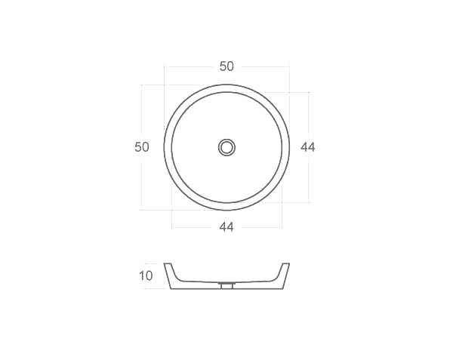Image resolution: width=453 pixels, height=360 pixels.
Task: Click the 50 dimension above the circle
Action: point(226,66)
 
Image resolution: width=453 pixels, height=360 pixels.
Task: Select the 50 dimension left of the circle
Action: point(142,147)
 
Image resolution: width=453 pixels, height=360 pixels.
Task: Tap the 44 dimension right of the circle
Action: point(307,147)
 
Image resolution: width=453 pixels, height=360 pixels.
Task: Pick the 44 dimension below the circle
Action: point(226,227)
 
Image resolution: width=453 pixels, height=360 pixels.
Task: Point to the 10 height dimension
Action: point(146,276)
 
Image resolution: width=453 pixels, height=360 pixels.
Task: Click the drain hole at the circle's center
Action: point(226,147)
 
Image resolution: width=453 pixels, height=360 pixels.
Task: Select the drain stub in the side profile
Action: point(226,286)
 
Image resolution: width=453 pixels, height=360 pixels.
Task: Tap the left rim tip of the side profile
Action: point(167,264)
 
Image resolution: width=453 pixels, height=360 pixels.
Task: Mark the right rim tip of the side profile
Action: point(287,264)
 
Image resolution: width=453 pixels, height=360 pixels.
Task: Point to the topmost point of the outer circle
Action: point(226,85)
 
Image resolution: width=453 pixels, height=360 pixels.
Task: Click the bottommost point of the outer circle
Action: point(226,210)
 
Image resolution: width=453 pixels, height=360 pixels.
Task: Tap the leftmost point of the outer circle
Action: point(164,147)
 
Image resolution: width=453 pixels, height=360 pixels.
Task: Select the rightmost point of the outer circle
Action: point(289,147)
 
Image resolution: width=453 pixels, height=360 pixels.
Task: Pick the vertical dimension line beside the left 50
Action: point(141,181)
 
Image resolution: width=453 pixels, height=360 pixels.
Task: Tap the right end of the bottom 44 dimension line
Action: point(282,227)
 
